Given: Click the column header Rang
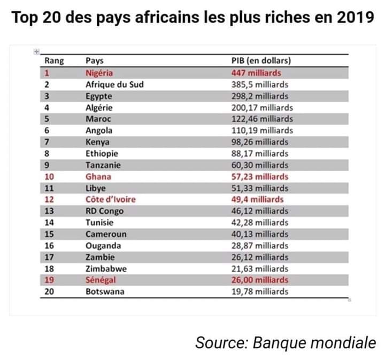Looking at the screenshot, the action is [x=54, y=60].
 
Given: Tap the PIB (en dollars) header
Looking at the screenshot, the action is [x=261, y=60].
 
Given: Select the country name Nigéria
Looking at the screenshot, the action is [x=99, y=73].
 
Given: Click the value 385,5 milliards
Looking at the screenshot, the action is [x=260, y=85].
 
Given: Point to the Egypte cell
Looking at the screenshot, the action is [x=99, y=96].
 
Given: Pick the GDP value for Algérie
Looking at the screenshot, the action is [x=262, y=108].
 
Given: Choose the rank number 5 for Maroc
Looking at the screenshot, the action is [x=47, y=119].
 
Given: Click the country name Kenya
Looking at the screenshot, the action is [x=97, y=142].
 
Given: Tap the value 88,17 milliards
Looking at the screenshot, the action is [x=260, y=154].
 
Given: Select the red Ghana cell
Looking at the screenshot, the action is [x=98, y=177].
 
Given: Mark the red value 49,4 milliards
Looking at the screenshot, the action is [x=257, y=200].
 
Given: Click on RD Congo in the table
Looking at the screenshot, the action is [x=105, y=211].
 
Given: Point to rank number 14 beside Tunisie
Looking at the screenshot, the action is [x=49, y=223].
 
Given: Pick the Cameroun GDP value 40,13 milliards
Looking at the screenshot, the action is [x=260, y=234].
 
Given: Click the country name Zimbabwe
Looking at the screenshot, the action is [x=106, y=269].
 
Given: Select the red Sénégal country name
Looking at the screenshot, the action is [x=101, y=280].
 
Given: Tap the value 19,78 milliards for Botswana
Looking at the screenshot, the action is [x=260, y=292].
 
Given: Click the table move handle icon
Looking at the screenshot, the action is [x=36, y=51].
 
